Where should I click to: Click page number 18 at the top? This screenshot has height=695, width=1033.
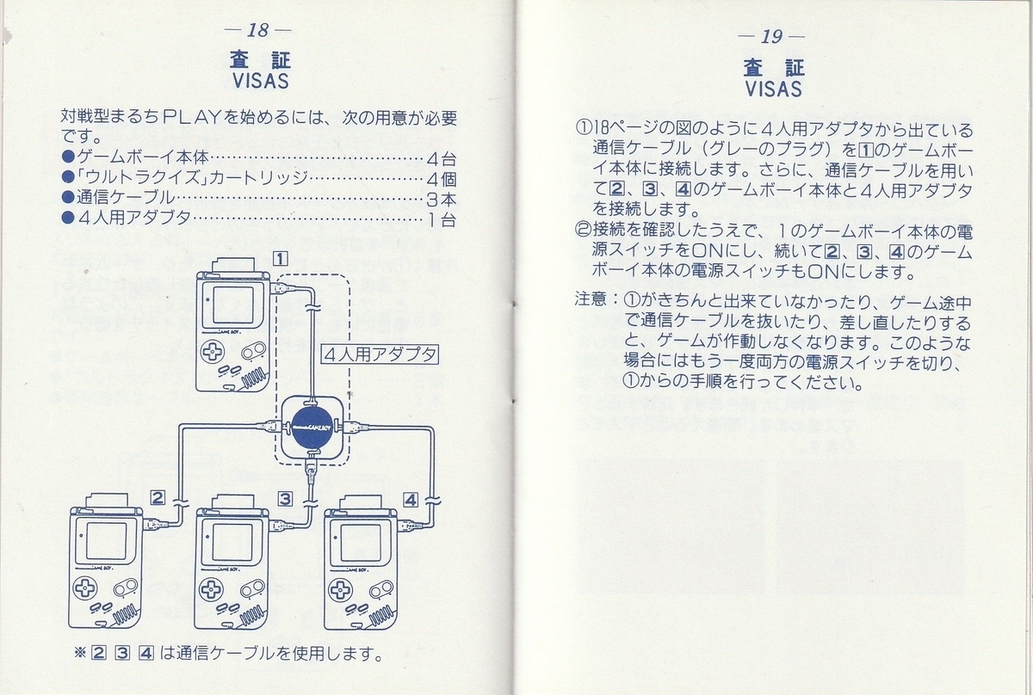click(x=257, y=31)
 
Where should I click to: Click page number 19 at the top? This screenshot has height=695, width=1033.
click(x=771, y=37)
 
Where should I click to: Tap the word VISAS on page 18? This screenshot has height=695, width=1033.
click(x=260, y=82)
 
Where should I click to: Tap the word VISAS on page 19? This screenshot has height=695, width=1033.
click(x=773, y=88)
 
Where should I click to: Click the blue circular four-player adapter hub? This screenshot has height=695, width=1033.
click(x=312, y=427)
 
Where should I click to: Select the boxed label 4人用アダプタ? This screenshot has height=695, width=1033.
click(x=380, y=354)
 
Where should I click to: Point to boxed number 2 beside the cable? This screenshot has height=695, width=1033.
click(x=158, y=497)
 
